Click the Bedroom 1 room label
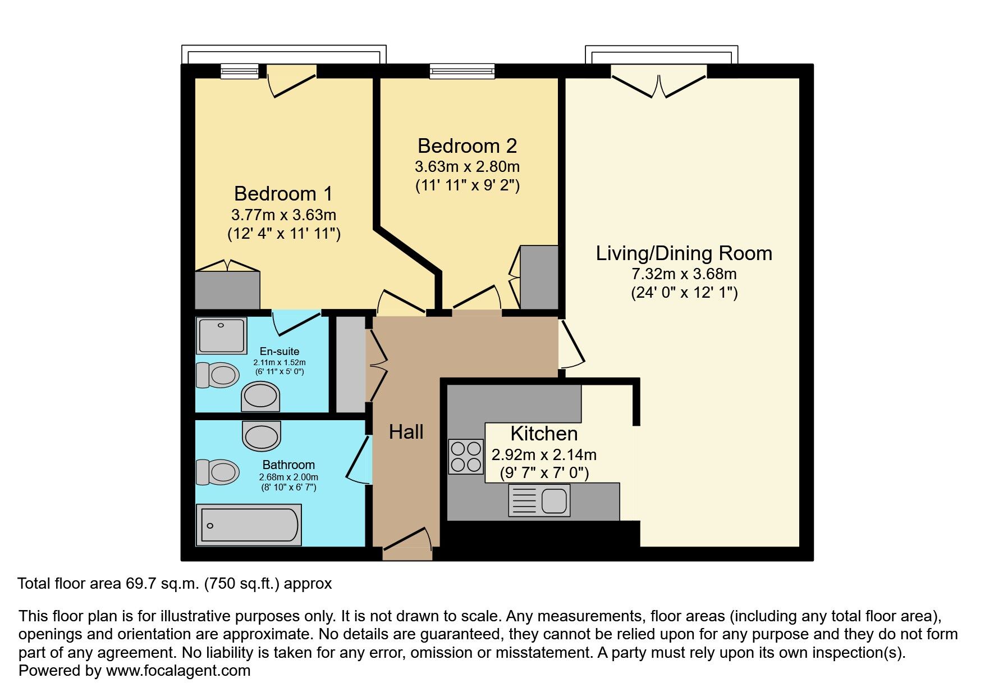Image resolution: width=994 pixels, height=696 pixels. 283,194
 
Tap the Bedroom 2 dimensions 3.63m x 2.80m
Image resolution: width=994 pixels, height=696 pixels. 467,167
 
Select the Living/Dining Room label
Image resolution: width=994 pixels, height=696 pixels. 684,253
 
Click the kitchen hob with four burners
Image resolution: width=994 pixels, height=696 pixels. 466,457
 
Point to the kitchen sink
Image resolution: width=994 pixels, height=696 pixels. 539,501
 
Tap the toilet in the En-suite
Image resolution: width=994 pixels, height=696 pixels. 218,375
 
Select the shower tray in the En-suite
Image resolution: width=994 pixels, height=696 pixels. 222,336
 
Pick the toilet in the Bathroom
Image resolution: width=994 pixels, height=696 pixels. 218,472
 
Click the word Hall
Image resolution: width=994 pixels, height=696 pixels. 406,432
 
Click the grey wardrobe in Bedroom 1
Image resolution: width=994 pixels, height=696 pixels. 227,290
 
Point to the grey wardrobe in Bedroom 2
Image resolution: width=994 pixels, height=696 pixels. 539,277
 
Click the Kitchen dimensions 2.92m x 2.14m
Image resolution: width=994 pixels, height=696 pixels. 544,454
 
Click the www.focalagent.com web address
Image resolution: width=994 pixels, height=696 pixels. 178,671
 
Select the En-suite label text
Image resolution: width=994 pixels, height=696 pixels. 279,352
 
